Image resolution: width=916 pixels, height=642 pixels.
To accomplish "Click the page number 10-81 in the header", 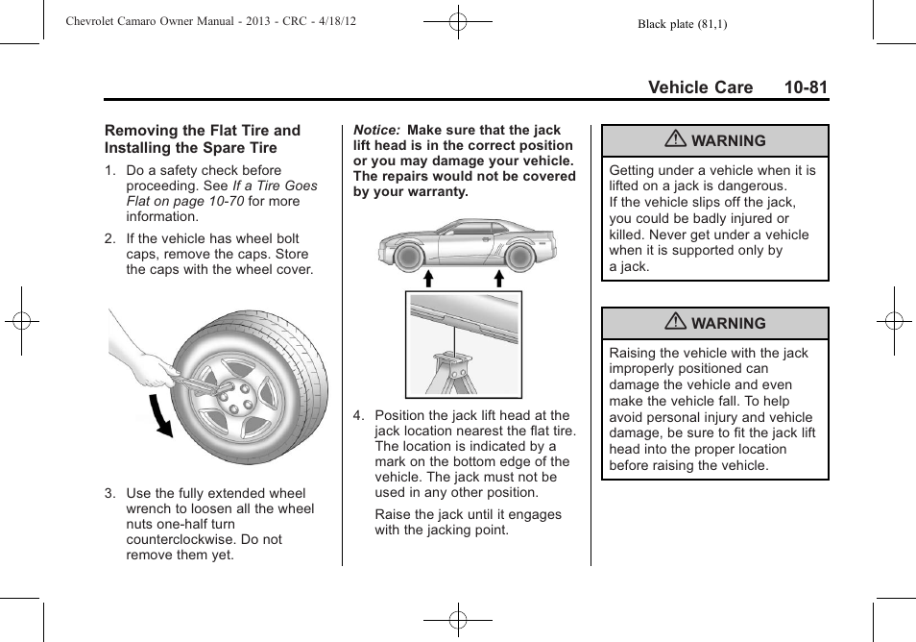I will coord(805,87).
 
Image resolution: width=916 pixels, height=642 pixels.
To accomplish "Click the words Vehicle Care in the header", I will coord(700,87).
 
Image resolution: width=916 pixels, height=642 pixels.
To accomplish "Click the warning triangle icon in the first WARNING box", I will coord(676,140).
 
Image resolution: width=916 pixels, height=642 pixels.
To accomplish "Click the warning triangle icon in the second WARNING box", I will coord(676,323).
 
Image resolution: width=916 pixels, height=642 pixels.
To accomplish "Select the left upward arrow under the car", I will coord(428,279).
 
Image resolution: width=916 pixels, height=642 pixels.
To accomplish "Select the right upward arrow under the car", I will coord(499,279).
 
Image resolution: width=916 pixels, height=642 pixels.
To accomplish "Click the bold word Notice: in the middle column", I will coord(377,130).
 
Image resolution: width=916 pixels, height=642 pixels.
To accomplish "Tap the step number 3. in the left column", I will coord(110,493).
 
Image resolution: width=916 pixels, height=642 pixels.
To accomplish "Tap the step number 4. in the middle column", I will coord(358,415).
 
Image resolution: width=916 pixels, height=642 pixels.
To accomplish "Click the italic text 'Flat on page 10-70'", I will coord(185,201).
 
